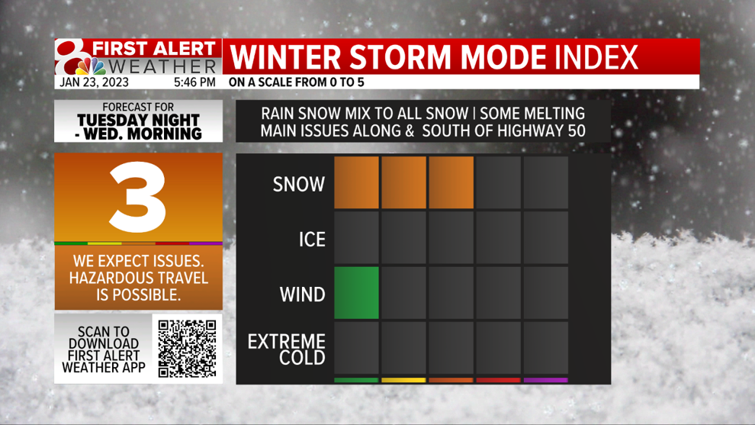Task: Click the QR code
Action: [188, 349]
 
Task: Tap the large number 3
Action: [138, 197]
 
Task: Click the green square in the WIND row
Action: [356, 293]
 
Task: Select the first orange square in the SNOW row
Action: [356, 182]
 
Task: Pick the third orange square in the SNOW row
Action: [451, 182]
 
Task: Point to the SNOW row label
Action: [298, 184]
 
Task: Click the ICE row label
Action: [312, 240]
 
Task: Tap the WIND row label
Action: [303, 295]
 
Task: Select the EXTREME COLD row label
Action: [287, 349]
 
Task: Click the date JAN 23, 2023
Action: [95, 82]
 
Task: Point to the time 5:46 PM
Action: [194, 82]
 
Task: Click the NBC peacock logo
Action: [92, 66]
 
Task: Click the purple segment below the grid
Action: [545, 380]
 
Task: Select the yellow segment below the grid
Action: [403, 380]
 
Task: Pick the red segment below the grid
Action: [498, 380]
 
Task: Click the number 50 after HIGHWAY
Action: [576, 130]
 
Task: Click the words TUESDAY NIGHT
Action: [138, 120]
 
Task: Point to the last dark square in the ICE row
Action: [545, 238]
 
